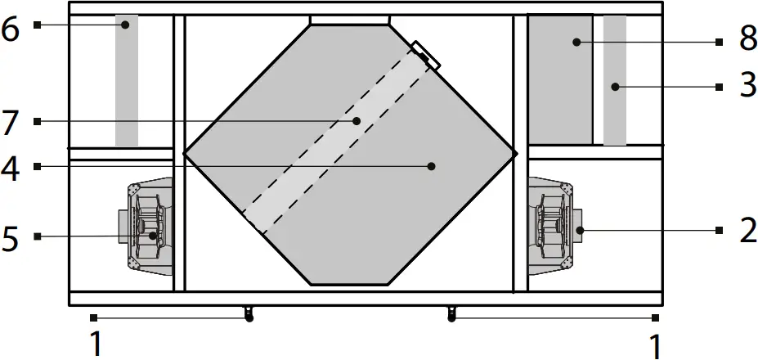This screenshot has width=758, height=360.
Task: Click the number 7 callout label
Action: coord(11,123)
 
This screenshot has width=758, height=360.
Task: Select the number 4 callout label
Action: coord(11,169)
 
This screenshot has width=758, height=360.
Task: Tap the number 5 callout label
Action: coord(11,238)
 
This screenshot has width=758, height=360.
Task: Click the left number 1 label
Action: coord(96,344)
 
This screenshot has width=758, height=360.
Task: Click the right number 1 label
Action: coord(654,344)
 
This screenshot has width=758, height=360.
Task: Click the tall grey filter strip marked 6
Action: coord(127,82)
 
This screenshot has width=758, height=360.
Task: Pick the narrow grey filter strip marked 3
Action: coord(615,82)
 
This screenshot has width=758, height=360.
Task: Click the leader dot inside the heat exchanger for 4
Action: coord(432,166)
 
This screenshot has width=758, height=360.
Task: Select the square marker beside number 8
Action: coord(719,42)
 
